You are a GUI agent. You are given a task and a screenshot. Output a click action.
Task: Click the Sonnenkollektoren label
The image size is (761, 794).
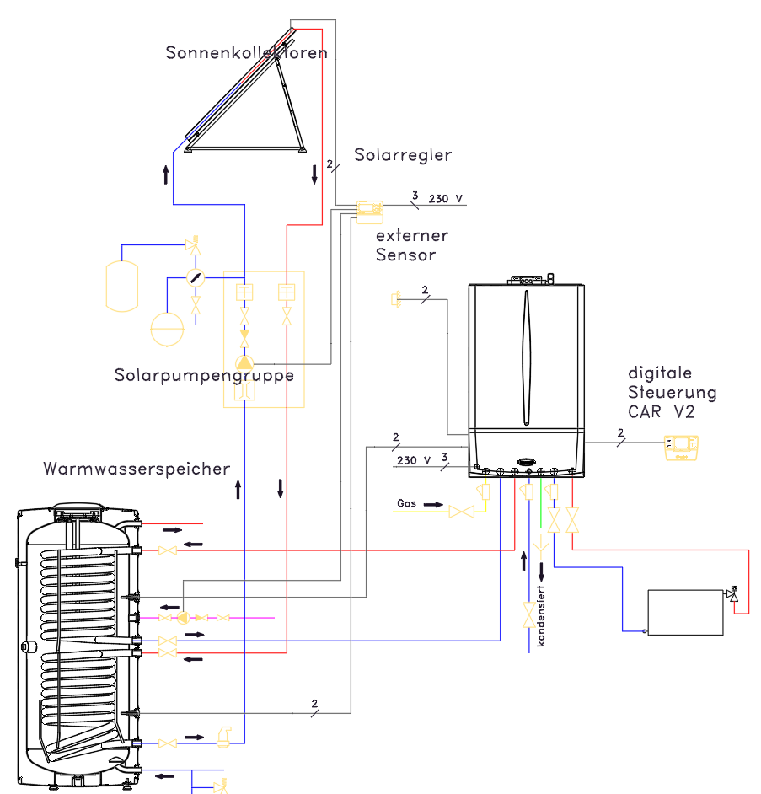click(247, 52)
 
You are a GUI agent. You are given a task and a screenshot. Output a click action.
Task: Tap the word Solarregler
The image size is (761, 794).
click(403, 155)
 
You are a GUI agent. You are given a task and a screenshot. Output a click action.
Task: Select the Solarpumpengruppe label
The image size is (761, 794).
click(204, 376)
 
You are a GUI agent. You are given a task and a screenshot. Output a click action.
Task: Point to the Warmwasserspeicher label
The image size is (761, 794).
click(137, 469)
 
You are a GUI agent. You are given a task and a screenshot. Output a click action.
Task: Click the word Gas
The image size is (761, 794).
click(406, 503)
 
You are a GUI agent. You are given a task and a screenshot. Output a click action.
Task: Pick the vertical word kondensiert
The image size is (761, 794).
click(541, 616)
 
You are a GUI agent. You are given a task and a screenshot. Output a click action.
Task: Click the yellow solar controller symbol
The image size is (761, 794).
click(370, 212)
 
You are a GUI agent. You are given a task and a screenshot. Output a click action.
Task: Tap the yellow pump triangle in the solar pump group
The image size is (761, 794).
click(244, 362)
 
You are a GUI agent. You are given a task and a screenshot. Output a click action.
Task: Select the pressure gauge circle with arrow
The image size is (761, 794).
click(196, 277)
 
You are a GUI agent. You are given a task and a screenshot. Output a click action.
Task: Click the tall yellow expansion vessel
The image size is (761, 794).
click(122, 286)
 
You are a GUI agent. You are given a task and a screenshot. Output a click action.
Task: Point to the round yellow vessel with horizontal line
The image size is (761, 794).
click(167, 329)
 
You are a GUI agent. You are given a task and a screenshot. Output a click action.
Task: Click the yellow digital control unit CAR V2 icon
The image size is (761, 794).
click(681, 448)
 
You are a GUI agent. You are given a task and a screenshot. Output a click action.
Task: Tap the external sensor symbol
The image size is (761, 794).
click(396, 299)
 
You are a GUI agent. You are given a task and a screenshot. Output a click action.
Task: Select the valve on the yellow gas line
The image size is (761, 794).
click(462, 512)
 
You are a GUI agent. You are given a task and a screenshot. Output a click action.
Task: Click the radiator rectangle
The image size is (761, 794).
click(685, 612)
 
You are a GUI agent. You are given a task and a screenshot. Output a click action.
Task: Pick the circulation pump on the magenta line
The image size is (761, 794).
click(183, 618)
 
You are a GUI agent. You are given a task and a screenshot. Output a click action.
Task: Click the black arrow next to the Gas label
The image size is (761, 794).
click(433, 504)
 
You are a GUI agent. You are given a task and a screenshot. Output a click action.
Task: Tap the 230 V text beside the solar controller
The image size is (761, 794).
click(446, 199)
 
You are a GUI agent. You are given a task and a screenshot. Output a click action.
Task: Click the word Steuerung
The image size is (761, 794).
click(672, 393)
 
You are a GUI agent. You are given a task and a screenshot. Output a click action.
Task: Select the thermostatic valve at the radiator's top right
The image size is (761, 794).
click(732, 594)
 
